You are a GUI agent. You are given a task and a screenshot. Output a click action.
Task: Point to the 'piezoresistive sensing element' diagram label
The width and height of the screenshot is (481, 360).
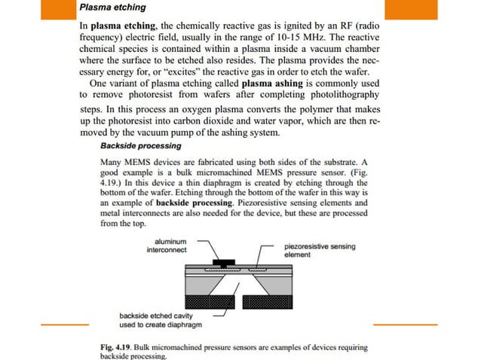click(x=320, y=250)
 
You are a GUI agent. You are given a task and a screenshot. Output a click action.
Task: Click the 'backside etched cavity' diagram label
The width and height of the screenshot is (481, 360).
click(x=156, y=319)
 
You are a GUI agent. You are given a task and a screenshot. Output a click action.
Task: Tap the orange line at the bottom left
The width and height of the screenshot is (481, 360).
click(x=64, y=324)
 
